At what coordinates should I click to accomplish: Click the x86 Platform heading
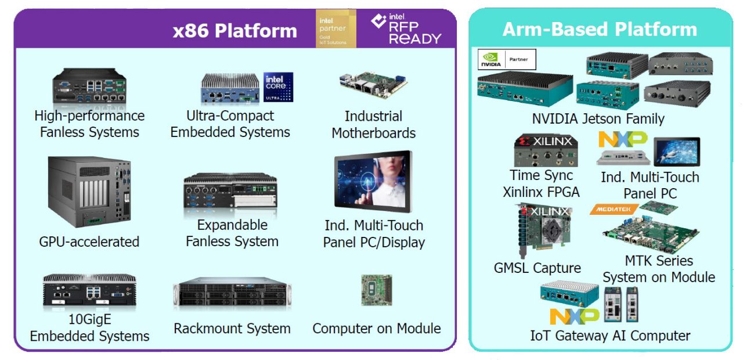(235, 30)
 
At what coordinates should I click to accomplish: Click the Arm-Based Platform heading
(600, 29)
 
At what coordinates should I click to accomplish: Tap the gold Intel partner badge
(336, 28)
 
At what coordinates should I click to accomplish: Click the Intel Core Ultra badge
(278, 87)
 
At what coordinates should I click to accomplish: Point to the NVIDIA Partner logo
(506, 59)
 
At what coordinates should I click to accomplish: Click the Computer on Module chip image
(376, 290)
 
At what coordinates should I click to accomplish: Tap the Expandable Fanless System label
(232, 233)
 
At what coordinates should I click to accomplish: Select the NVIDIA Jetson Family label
(598, 119)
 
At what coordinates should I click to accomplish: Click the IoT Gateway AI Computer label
(610, 335)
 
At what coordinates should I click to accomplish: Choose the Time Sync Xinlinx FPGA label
(541, 183)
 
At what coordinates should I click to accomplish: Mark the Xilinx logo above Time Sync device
(545, 141)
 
